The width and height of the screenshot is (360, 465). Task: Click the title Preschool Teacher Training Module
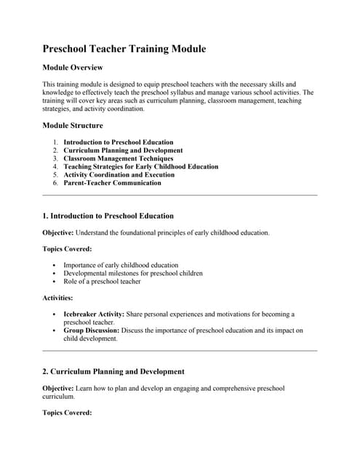124,49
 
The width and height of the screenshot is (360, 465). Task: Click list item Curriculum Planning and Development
123,150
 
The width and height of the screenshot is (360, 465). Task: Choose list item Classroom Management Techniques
119,158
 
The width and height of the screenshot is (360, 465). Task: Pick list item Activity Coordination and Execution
119,174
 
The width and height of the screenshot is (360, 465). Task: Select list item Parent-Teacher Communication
112,183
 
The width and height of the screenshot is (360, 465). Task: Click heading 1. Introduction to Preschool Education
108,216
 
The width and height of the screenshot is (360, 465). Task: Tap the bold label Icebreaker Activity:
94,315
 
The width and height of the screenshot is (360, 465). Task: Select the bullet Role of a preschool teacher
102,281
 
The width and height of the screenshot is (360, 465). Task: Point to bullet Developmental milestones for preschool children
133,273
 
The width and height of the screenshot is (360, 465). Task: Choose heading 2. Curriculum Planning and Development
113,371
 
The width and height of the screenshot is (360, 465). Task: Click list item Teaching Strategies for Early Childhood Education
140,166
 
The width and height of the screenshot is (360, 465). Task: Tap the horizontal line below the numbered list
180,195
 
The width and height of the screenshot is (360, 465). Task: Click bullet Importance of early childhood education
121,265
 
